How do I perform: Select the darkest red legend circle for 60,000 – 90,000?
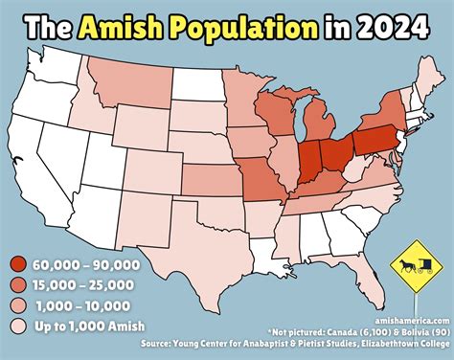[18, 265]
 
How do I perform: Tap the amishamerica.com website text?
[408, 322]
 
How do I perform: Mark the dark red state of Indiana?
[309, 161]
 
